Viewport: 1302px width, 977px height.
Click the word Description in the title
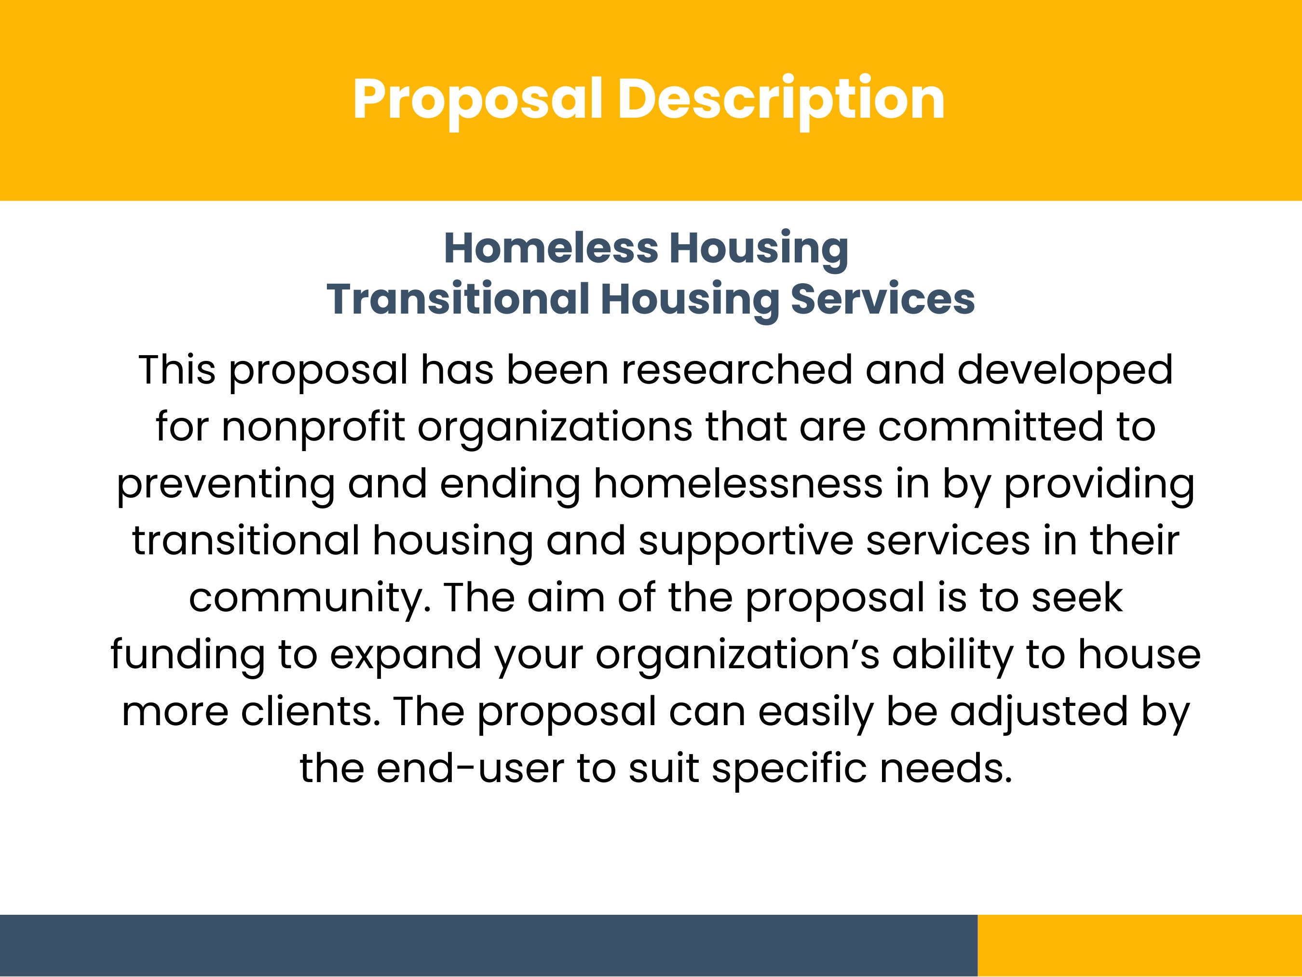[781, 99]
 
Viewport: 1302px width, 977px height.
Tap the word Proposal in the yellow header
[477, 99]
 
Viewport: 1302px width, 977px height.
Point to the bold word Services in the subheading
[882, 299]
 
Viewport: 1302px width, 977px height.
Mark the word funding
[188, 655]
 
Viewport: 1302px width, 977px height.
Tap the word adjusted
[1039, 712]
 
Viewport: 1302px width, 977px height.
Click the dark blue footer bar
[488, 945]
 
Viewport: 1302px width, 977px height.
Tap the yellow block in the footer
[1139, 945]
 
